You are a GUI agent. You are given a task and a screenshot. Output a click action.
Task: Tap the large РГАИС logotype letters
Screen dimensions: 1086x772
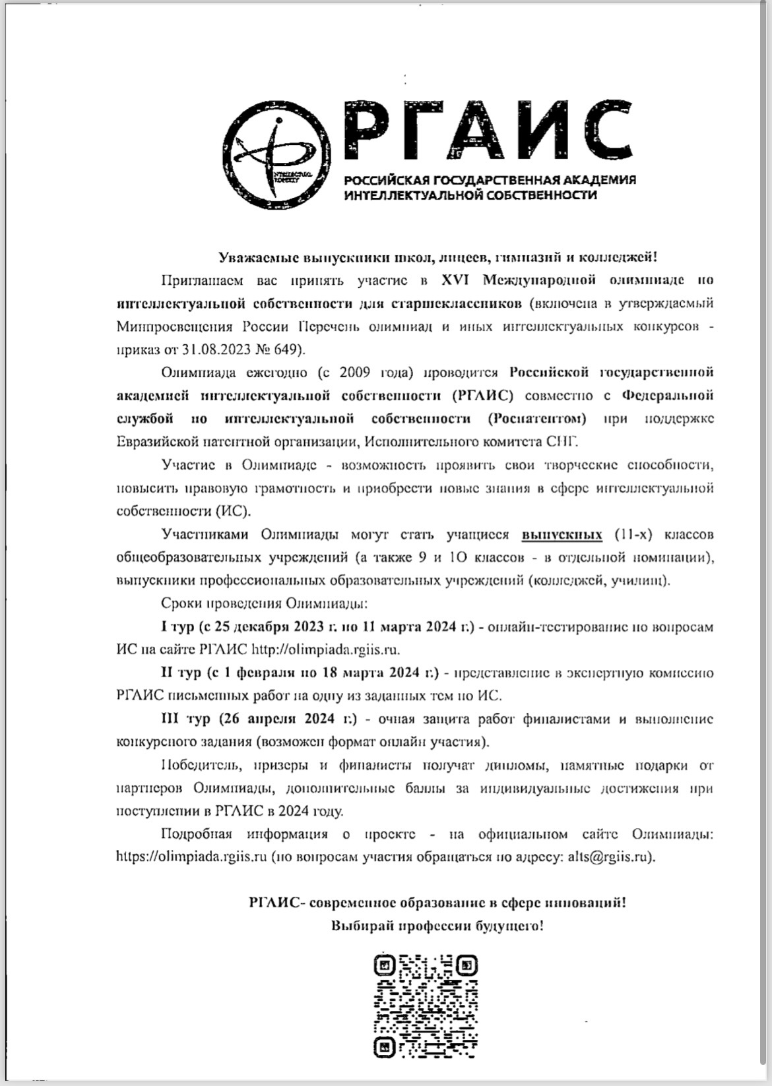[485, 132]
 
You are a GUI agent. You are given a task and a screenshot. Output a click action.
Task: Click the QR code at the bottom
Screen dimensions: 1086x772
[426, 1005]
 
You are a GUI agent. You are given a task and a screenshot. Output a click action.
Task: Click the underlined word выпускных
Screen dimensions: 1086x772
[562, 534]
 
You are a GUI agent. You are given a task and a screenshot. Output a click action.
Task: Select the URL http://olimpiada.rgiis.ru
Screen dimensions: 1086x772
[326, 649]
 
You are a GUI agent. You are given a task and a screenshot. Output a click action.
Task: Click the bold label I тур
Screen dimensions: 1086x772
[173, 626]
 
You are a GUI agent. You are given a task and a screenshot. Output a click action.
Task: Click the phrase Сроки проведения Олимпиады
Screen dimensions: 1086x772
[264, 603]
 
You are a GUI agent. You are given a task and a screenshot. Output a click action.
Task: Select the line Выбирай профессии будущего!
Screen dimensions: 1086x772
[437, 925]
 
